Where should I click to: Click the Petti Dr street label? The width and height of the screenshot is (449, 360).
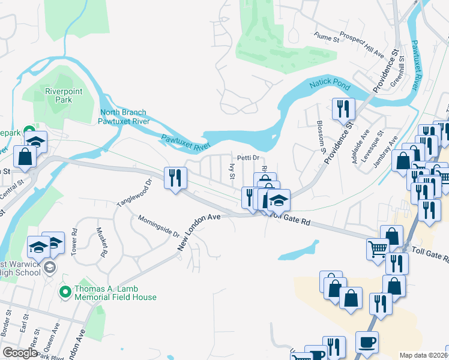point(247,158)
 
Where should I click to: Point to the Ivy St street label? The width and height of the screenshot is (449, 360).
point(231,172)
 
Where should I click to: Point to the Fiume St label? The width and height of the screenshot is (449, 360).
point(327,37)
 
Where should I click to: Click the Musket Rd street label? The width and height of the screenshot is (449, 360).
point(103,238)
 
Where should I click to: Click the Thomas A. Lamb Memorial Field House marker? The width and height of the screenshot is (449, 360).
point(65,292)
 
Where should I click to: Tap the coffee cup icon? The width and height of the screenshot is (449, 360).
point(367,341)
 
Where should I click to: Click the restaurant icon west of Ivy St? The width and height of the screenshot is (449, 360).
point(176,178)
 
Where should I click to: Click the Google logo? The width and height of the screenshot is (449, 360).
point(19,353)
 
